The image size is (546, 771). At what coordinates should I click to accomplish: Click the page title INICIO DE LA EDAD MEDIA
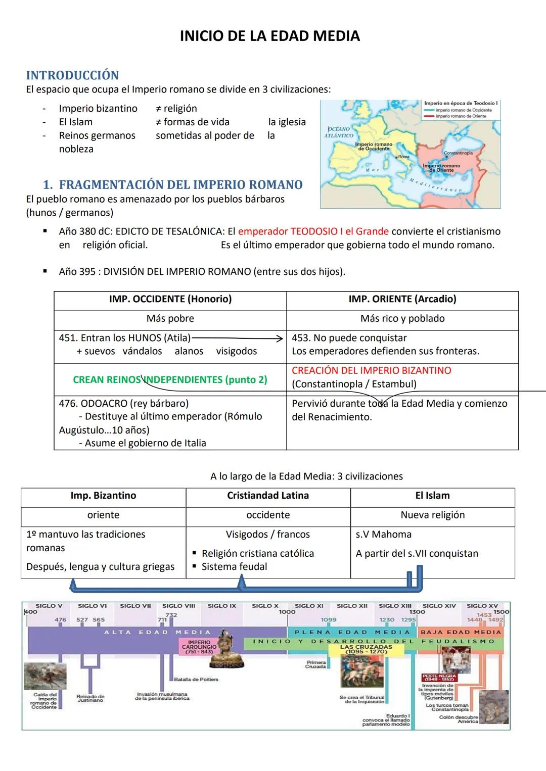coord(269,36)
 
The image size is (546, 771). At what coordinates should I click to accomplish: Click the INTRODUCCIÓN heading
coord(72,75)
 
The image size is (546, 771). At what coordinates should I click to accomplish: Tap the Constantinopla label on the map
coord(458,153)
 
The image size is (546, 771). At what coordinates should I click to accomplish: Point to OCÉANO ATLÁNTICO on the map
coord(339,132)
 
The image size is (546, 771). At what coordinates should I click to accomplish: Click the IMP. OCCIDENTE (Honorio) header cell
coord(170,299)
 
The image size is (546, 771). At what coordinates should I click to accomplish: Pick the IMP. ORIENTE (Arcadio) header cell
coord(402,299)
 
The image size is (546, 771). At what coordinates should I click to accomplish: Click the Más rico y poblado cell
coord(402,319)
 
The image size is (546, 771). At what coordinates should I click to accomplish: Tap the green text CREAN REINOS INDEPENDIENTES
coord(170,380)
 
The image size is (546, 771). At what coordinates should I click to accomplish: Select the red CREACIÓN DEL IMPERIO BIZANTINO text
coord(372,370)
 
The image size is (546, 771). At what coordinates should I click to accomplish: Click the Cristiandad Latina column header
coord(268,496)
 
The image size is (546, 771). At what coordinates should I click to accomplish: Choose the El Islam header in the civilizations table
coord(432,496)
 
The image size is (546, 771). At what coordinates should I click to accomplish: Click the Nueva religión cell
coord(432,515)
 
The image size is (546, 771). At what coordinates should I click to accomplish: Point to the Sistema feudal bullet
coord(234,567)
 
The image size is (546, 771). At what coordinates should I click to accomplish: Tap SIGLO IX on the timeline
coord(221,606)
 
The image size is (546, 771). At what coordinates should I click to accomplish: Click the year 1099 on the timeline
coord(329,619)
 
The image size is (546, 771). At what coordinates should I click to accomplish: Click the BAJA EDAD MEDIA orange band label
coord(461,632)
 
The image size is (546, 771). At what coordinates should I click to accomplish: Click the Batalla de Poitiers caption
coord(196,680)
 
